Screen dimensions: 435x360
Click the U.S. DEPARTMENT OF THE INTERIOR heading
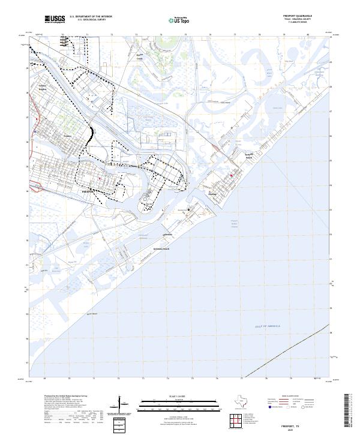91,16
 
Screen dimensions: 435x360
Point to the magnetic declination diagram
123,407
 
